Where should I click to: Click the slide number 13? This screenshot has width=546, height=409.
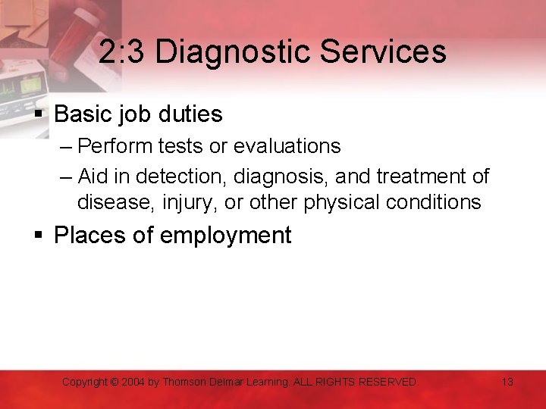point(507,382)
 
